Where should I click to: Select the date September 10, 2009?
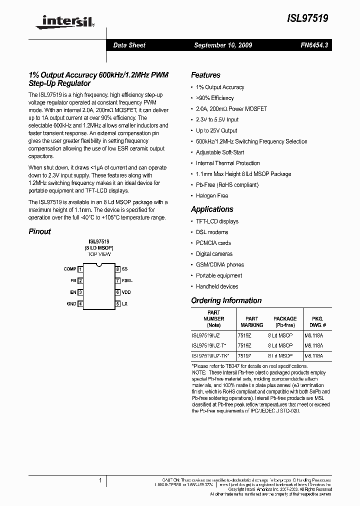pyautogui.click(x=223, y=45)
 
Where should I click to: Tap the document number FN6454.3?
pyautogui.click(x=314, y=45)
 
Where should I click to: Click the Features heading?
pyautogui.click(x=205, y=75)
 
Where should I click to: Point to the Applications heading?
pyautogui.click(x=212, y=209)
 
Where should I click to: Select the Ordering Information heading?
pyautogui.click(x=226, y=300)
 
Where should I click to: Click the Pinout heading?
pyautogui.click(x=39, y=231)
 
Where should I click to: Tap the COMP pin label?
pyautogui.click(x=70, y=269)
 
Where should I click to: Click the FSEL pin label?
pyautogui.click(x=127, y=281)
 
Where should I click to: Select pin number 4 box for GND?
pyautogui.click(x=80, y=303)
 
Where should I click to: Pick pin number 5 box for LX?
pyautogui.click(x=117, y=303)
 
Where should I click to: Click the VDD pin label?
pyautogui.click(x=126, y=292)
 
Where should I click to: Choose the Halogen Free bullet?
pyautogui.click(x=212, y=195)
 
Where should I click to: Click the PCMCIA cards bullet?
pyautogui.click(x=213, y=243)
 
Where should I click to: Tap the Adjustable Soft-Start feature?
pyautogui.click(x=220, y=152)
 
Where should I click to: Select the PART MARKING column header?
pyautogui.click(x=251, y=321)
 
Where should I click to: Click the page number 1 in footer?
pyautogui.click(x=100, y=480)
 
